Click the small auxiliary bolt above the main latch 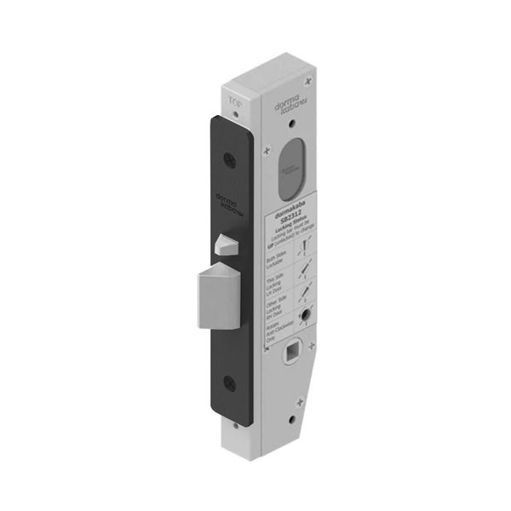pos(226,247)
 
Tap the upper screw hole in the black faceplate pos(229,158)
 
